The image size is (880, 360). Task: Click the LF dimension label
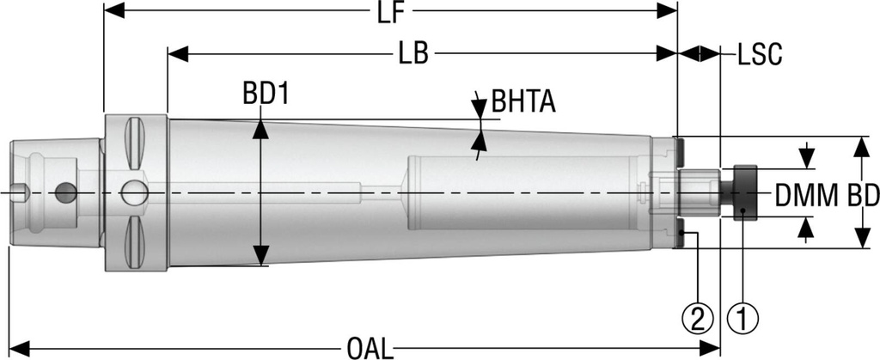coord(390,13)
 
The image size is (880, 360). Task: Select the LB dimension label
coord(413,54)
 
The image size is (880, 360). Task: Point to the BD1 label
coord(266,95)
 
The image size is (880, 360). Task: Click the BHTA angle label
coord(523,102)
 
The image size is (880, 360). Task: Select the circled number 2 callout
coord(698,319)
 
